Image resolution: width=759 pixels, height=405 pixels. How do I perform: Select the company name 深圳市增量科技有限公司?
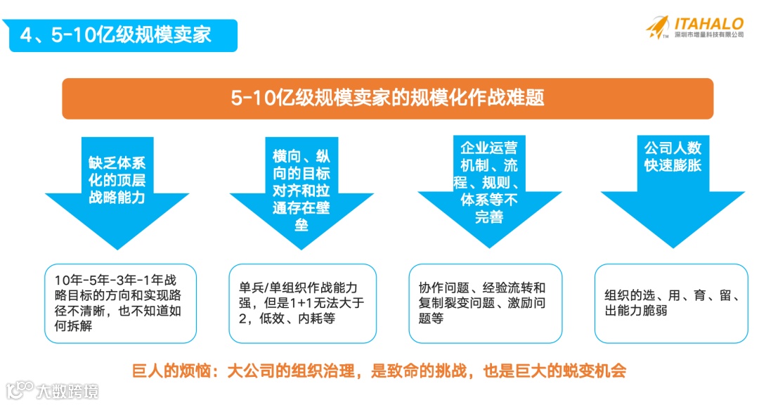[x=708, y=34]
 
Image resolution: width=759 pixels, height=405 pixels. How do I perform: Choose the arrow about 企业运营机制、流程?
[x=489, y=183]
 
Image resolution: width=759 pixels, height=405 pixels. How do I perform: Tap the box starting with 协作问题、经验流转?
[x=486, y=303]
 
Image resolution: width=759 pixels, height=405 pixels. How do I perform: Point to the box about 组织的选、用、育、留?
[x=671, y=303]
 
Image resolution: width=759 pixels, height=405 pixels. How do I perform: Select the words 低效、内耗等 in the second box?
[x=304, y=318]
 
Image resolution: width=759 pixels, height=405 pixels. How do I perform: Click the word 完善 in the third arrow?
[x=489, y=217]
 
